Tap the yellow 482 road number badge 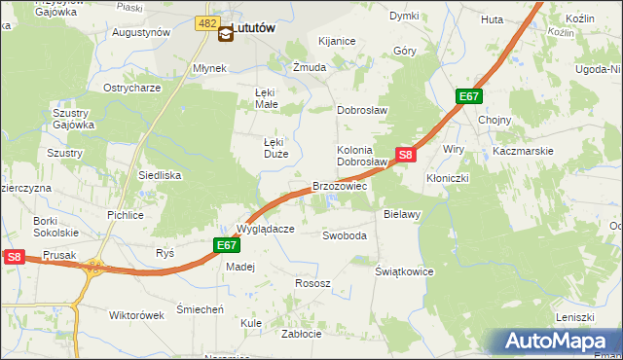205,22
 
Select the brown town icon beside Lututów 226,33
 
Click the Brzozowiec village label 339,186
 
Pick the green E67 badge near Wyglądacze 226,246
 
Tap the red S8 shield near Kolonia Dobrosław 406,155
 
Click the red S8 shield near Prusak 14,257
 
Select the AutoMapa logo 556,341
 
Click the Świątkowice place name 404,271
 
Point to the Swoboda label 345,235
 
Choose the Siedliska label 161,176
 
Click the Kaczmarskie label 523,151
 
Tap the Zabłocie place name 301,333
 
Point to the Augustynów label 141,32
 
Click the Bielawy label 401,213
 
